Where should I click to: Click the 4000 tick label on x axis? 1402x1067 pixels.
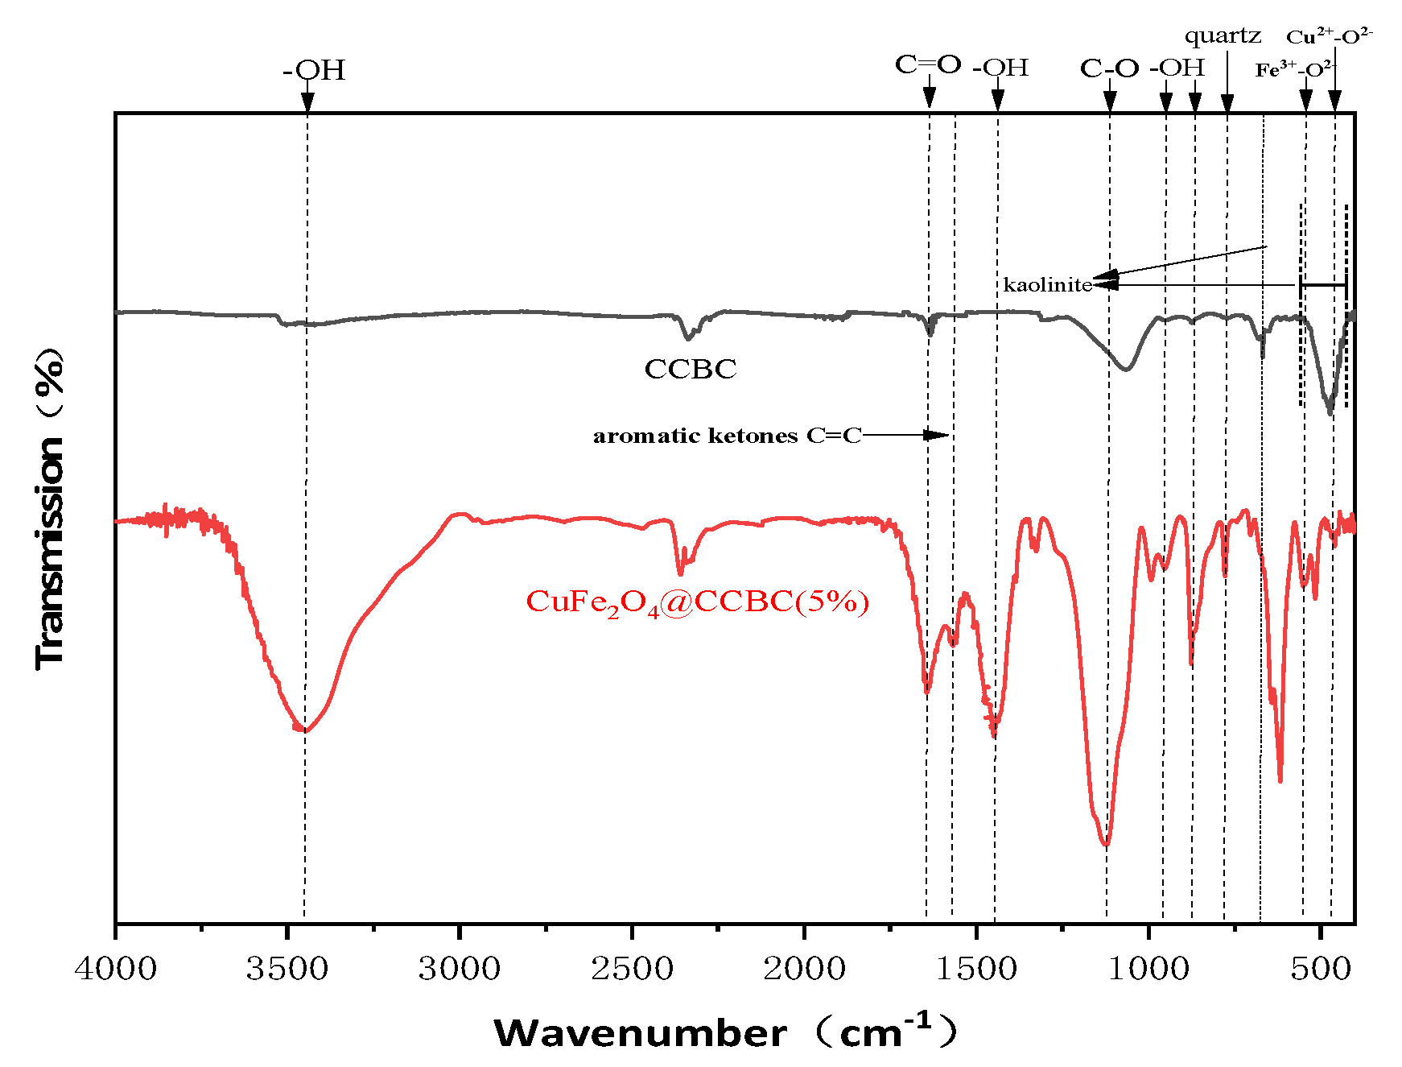pyautogui.click(x=115, y=968)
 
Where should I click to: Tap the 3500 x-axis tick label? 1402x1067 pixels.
pyautogui.click(x=287, y=968)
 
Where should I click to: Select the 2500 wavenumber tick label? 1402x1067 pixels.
pyautogui.click(x=632, y=968)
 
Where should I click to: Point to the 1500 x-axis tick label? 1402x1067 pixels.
pyautogui.click(x=976, y=968)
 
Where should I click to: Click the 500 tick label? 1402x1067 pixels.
pyautogui.click(x=1321, y=968)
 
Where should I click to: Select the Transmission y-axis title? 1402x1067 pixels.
pyautogui.click(x=50, y=509)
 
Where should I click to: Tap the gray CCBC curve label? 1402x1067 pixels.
pyautogui.click(x=690, y=369)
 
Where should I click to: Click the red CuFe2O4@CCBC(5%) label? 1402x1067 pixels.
pyautogui.click(x=697, y=602)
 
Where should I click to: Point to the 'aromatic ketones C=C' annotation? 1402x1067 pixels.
pyautogui.click(x=727, y=436)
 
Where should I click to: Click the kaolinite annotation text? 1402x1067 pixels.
pyautogui.click(x=1047, y=285)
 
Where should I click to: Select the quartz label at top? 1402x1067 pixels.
pyautogui.click(x=1223, y=36)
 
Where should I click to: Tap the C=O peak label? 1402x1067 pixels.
pyautogui.click(x=928, y=64)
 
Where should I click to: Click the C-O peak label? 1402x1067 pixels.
pyautogui.click(x=1109, y=68)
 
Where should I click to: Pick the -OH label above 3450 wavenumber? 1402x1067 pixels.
pyautogui.click(x=314, y=71)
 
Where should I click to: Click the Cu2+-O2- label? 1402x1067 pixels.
pyautogui.click(x=1329, y=36)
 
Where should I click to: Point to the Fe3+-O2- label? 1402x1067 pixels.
pyautogui.click(x=1294, y=70)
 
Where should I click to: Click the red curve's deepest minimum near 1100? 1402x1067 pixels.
pyautogui.click(x=1106, y=845)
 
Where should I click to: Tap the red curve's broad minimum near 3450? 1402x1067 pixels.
pyautogui.click(x=304, y=730)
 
